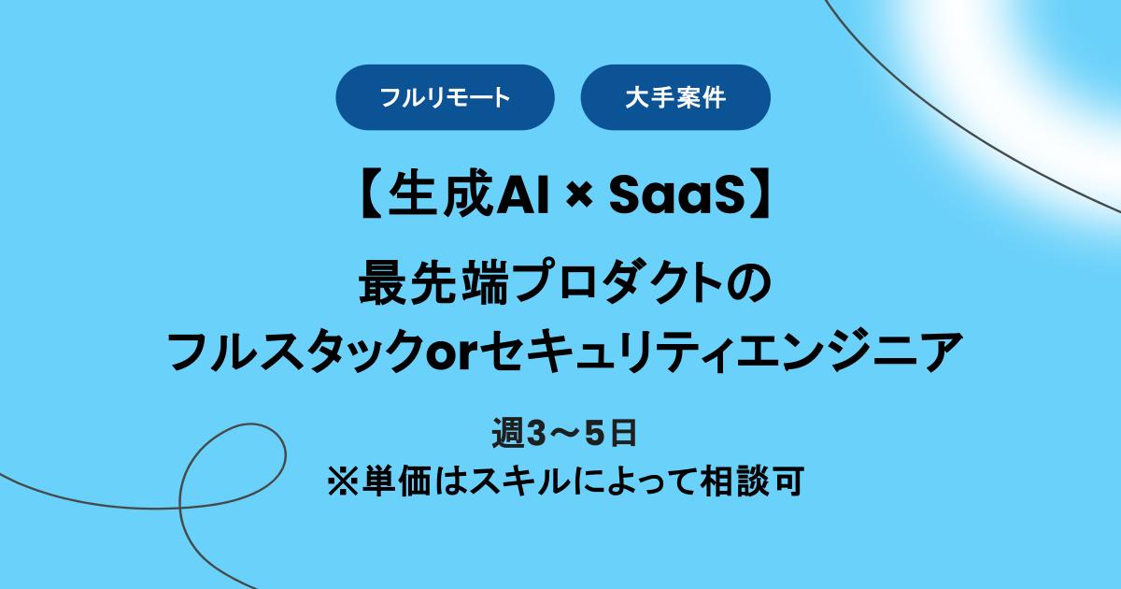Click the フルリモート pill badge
pyautogui.click(x=445, y=97)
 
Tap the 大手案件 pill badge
pyautogui.click(x=675, y=97)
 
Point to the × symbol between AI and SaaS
pyautogui.click(x=579, y=195)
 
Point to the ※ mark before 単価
pyautogui.click(x=337, y=482)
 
